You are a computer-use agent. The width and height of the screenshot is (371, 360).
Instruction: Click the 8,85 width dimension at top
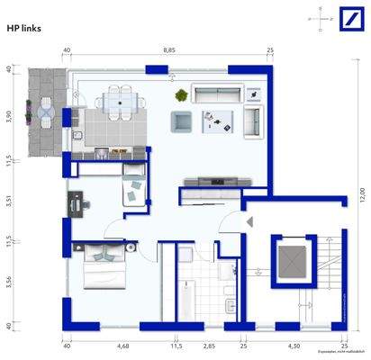pyautogui.click(x=168, y=51)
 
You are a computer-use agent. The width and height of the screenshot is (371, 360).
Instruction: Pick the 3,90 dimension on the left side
pyautogui.click(x=9, y=118)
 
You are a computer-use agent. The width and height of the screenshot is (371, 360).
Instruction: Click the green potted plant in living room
pyautogui.click(x=181, y=94)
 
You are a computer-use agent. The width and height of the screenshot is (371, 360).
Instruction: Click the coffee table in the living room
pyautogui.click(x=217, y=120)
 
